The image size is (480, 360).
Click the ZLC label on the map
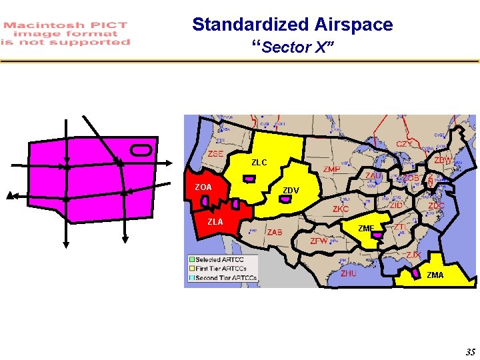259,162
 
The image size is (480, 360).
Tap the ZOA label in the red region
203,187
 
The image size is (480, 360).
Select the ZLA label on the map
215,222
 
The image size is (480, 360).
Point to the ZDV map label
291,191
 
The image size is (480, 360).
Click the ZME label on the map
366,229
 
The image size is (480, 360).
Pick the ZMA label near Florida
435,275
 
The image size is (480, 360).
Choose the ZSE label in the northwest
215,154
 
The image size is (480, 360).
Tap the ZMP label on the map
331,170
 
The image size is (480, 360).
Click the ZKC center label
340,209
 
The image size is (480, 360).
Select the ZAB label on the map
275,233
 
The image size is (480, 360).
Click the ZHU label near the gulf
348,273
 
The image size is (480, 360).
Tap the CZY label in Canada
404,144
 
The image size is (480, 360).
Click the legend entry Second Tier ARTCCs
225,278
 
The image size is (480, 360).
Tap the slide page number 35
470,352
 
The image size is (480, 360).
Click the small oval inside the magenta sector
142,148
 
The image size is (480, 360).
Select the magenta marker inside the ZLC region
249,179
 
